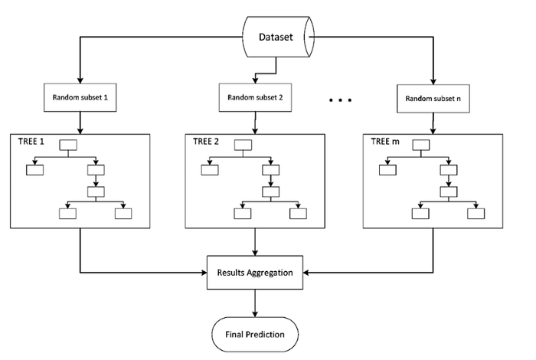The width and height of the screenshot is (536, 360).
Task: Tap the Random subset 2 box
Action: (255, 97)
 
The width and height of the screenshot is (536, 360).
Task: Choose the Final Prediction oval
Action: (255, 334)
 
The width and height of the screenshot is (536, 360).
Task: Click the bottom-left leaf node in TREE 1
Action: (68, 213)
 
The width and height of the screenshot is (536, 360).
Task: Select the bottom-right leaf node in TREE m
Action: (476, 213)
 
